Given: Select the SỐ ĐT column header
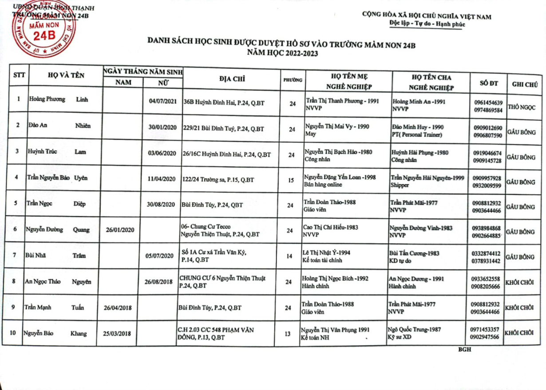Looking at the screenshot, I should pyautogui.click(x=488, y=83).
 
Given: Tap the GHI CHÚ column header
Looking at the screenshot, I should pyautogui.click(x=525, y=84).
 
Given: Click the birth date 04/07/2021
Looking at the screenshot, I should pyautogui.click(x=163, y=102).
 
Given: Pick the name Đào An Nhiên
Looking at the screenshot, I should pyautogui.click(x=58, y=126).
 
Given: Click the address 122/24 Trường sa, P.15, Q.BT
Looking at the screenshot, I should pyautogui.click(x=218, y=180).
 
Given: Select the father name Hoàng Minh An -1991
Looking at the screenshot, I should pyautogui.click(x=418, y=101).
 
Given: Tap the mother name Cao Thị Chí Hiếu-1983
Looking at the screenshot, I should pyautogui.click(x=330, y=227).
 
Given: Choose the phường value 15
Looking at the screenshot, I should pyautogui.click(x=291, y=180).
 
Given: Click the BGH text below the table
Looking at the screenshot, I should pyautogui.click(x=464, y=349).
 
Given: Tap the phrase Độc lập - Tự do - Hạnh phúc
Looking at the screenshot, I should pyautogui.click(x=427, y=24).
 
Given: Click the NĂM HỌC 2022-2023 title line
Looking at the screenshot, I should pyautogui.click(x=283, y=53).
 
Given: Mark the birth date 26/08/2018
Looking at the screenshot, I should pyautogui.click(x=158, y=282).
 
